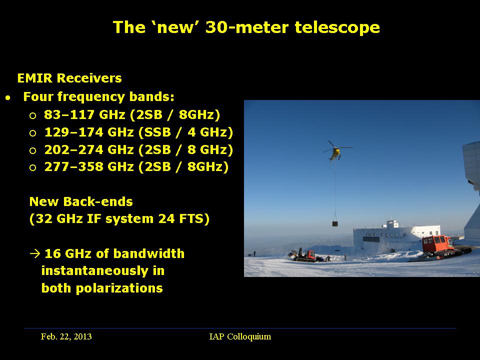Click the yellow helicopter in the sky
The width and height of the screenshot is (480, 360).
tap(336, 151)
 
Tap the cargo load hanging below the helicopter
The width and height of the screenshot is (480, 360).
tap(335, 223)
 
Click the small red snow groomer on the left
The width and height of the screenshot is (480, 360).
tap(304, 255)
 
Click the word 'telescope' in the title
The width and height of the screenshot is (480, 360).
tap(337, 27)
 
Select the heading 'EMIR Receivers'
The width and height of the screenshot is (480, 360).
tap(69, 78)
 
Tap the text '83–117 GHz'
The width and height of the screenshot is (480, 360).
tap(84, 114)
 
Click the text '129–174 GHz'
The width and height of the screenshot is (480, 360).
tap(89, 132)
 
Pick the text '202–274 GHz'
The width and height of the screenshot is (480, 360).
tap(89, 149)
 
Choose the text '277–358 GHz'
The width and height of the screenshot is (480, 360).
tap(89, 167)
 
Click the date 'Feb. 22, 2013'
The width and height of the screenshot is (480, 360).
tap(66, 336)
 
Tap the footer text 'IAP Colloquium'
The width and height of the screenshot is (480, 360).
tap(240, 336)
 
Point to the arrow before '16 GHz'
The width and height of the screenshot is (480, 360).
tap(35, 253)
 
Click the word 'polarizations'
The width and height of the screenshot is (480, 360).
tap(119, 288)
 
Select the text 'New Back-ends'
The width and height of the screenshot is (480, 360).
tap(81, 201)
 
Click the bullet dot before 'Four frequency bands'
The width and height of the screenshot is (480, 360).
tap(8, 98)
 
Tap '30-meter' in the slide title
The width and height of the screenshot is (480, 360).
tap(247, 27)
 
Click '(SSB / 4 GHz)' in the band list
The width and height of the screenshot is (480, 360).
tap(186, 132)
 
